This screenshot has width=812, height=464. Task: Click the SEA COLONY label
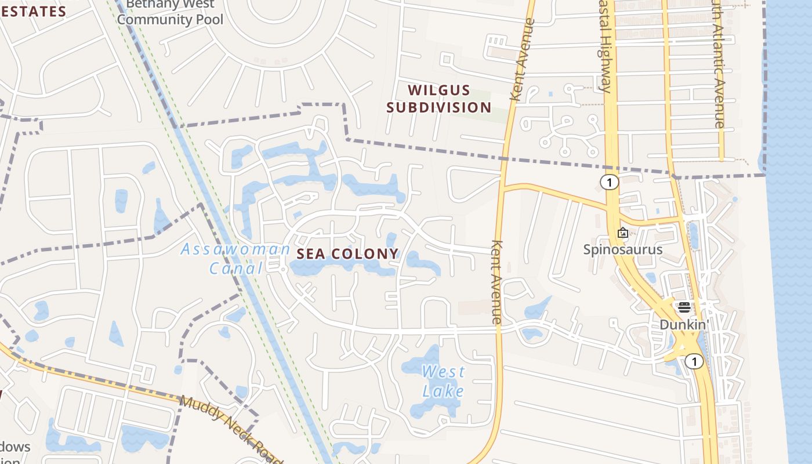pos(348,253)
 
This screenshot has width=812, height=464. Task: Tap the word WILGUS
pos(438,90)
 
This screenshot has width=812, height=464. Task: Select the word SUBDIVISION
pos(439,107)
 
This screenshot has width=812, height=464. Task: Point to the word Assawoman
pos(235,249)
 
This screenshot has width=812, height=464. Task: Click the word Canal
pos(236,268)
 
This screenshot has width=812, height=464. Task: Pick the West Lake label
pos(443,380)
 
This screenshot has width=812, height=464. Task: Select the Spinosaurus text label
pos(622,249)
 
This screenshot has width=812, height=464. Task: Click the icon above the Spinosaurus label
pos(623,233)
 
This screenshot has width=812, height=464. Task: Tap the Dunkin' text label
pos(684,324)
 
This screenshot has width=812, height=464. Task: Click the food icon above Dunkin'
pos(684,307)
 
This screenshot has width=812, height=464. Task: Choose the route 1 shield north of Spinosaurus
pos(609,182)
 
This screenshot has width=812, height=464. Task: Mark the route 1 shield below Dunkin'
pos(694,362)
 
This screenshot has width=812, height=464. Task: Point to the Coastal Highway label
pos(604,46)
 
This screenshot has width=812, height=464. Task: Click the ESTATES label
pos(33,12)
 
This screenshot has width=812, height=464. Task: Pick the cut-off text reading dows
pos(15,447)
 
